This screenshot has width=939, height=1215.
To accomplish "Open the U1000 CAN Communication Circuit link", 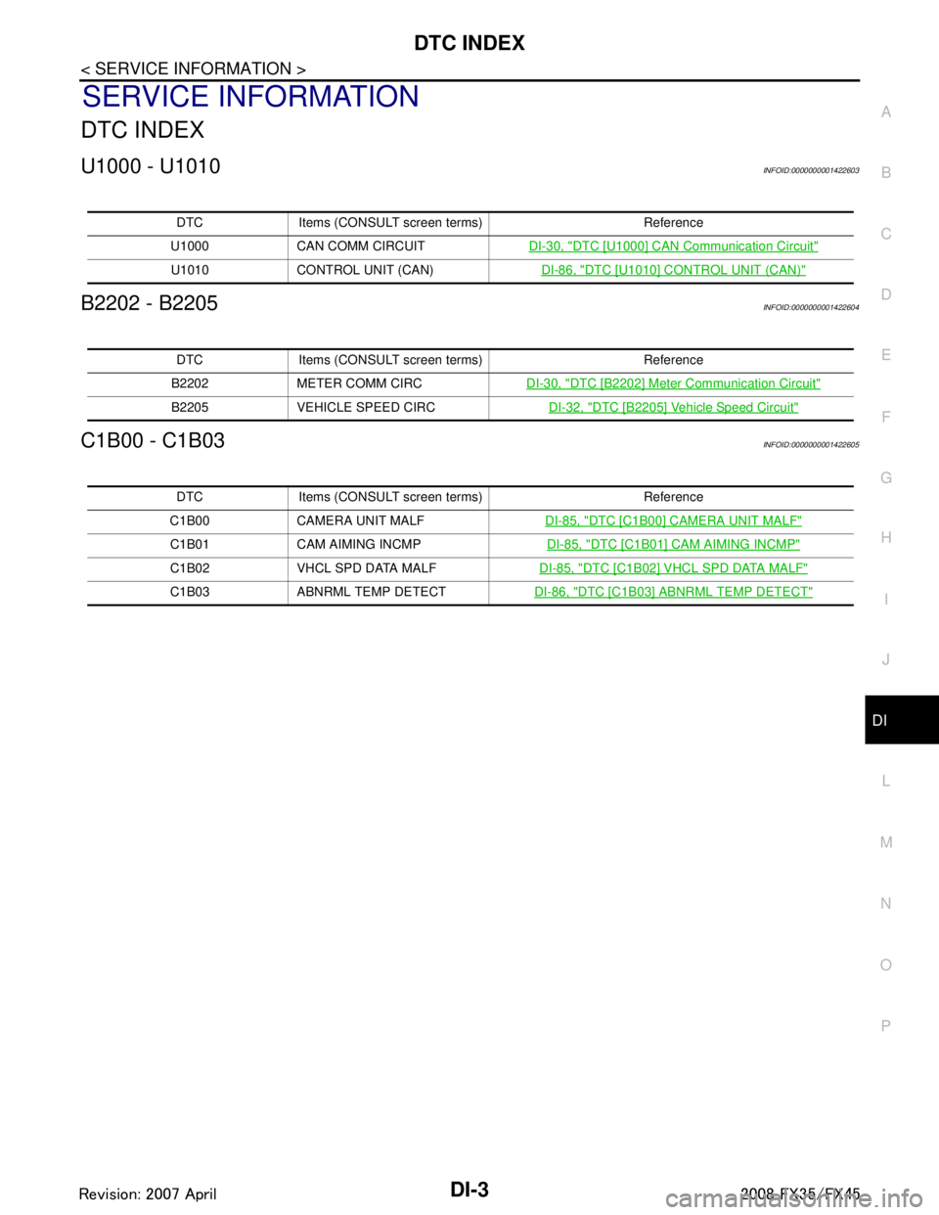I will point(673,245).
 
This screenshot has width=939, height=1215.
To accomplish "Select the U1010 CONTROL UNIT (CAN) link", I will point(673,269).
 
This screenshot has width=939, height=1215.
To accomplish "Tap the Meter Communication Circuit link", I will point(673,382).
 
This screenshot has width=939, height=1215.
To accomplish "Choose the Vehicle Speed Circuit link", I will point(673,406).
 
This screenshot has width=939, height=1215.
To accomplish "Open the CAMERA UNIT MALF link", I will point(673,518).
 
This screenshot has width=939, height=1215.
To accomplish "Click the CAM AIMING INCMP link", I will point(673,543).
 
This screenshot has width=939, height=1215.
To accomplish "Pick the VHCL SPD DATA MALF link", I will point(673,567).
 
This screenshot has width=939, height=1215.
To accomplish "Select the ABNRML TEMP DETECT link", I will point(673,591).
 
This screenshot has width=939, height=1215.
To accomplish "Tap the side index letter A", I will point(885,112).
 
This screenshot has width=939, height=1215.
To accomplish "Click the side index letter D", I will point(885,294).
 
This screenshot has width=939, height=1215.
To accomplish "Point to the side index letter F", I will point(885,417).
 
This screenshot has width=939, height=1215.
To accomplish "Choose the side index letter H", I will point(885,538).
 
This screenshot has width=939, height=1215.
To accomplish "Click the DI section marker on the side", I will point(879,720).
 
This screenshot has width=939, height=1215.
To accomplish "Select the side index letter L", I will point(885,782).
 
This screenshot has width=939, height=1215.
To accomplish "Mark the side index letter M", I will point(885,842).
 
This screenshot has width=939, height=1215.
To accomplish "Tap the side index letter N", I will point(885,904).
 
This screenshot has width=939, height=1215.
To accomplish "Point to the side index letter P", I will point(885,1025).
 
